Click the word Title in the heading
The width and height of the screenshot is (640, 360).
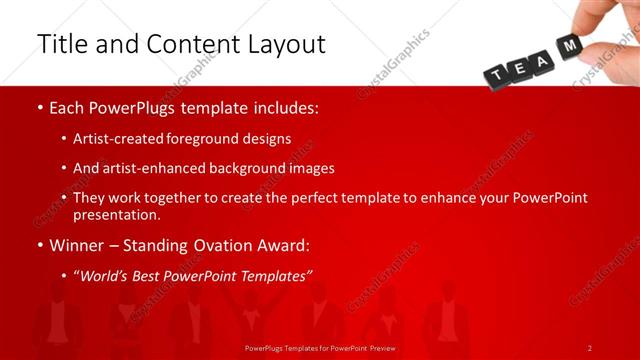(61, 45)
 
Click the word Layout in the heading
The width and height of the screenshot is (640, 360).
(285, 45)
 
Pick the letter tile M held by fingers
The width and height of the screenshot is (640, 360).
(571, 46)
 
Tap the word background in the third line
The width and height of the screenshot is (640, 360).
(244, 168)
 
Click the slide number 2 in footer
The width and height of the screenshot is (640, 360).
(589, 348)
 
